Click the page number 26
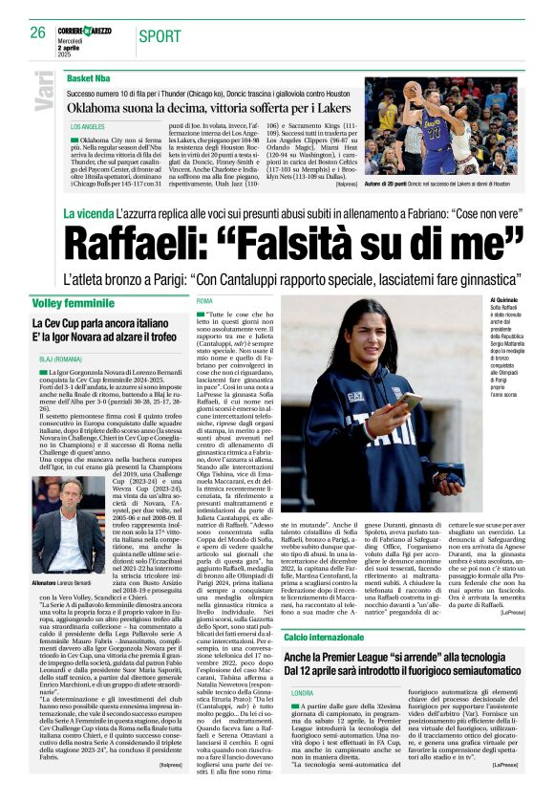(x=37, y=33)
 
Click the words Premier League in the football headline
(x=371, y=656)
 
